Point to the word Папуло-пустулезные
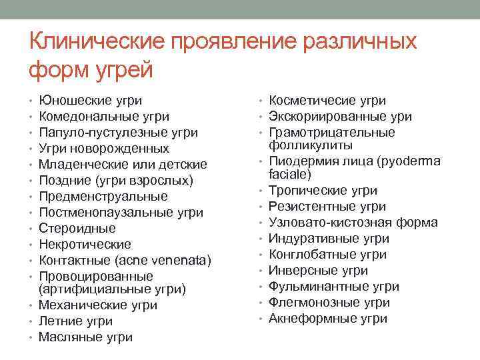[95, 133]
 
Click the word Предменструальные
[103, 197]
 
